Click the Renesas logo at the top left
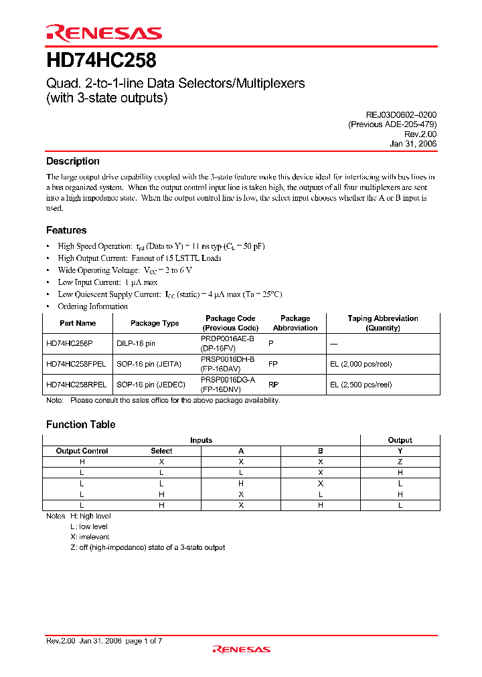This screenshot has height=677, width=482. coord(104,33)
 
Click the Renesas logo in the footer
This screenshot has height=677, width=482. coord(241,649)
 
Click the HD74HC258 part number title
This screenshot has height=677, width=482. coord(101,61)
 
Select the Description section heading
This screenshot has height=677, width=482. coord(72,161)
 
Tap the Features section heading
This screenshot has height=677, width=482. coord(66,230)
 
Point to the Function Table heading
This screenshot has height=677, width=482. coord(80,425)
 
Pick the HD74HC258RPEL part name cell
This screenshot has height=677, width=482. coord(77,385)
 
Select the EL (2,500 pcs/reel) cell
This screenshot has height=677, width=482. coord(361,385)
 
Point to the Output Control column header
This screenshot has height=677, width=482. coord(82,451)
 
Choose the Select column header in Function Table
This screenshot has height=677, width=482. coord(161,451)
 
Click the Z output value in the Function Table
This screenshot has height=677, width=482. coord(400,462)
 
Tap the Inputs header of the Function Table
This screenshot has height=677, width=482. coord(201,440)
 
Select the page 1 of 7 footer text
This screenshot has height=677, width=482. coord(143,641)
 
